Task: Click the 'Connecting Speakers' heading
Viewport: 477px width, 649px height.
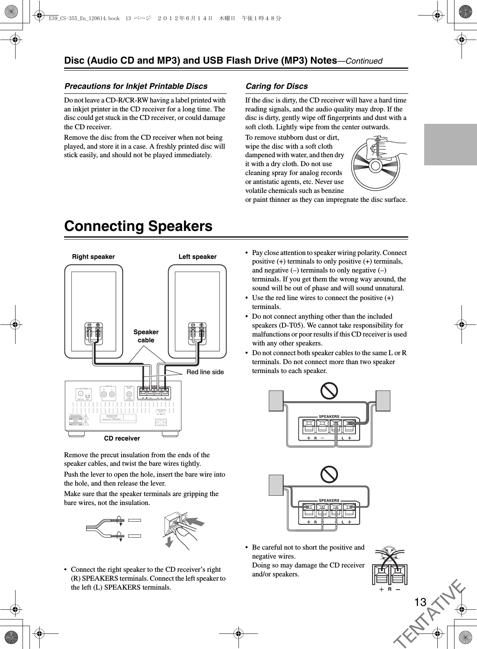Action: [x=138, y=226]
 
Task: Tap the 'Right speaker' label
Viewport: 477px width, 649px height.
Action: [x=94, y=257]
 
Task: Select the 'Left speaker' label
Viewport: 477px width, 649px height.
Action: [x=197, y=257]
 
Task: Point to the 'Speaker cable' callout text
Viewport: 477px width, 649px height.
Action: [x=146, y=336]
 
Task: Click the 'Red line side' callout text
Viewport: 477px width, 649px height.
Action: [x=205, y=372]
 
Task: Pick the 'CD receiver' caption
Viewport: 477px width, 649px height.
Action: [x=122, y=438]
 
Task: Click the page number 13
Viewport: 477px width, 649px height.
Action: [x=420, y=602]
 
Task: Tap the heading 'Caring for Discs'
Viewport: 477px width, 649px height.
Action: [x=277, y=86]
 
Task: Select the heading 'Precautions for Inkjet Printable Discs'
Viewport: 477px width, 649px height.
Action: [x=136, y=86]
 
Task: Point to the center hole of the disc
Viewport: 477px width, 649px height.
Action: [x=376, y=166]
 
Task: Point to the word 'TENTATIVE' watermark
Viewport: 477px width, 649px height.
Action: [x=431, y=613]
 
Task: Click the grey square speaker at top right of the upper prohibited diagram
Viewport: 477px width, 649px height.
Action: [x=383, y=401]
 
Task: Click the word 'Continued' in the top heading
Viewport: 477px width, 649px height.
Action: [x=364, y=61]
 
